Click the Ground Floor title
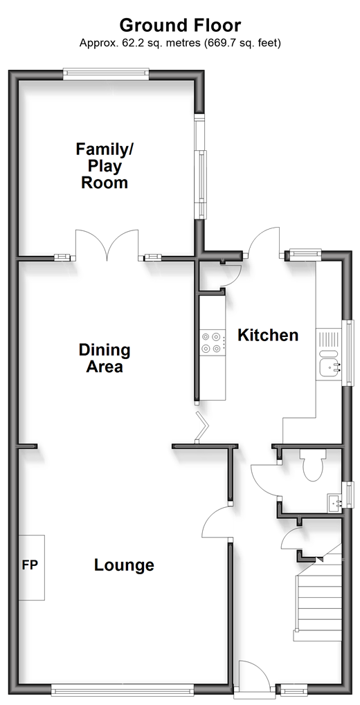(180, 26)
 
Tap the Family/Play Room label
(105, 166)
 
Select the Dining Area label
(105, 358)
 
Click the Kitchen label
(268, 335)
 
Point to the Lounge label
(124, 565)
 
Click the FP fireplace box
(32, 567)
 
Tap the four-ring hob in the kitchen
(212, 342)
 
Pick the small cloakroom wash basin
(335, 503)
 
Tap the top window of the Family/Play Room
(106, 74)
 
